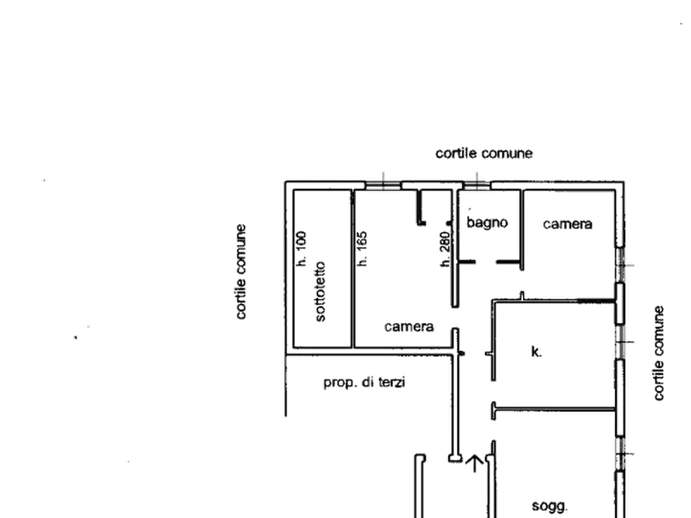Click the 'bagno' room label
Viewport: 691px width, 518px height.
click(487, 223)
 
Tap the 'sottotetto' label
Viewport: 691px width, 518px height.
click(320, 291)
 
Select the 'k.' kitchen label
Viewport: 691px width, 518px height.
click(536, 352)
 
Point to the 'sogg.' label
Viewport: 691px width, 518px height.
click(549, 506)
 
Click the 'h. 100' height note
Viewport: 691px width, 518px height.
click(302, 248)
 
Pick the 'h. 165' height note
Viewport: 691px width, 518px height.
click(362, 248)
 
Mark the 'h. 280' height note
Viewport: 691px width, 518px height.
click(445, 249)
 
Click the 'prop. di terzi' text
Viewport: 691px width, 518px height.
click(364, 383)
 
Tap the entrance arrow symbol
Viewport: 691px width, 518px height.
click(474, 463)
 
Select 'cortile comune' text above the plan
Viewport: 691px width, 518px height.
click(484, 153)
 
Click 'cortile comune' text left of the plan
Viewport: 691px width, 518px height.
click(241, 272)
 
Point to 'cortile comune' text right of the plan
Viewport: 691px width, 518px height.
click(659, 353)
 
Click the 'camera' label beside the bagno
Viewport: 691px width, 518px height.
click(568, 223)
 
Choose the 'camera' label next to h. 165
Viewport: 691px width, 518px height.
click(409, 326)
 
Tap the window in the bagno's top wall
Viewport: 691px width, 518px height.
click(477, 186)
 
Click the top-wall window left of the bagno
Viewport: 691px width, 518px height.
click(383, 186)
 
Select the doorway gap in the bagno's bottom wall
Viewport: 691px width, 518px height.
click(486, 262)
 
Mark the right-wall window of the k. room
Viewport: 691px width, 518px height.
click(620, 342)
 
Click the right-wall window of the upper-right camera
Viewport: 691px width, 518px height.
click(620, 265)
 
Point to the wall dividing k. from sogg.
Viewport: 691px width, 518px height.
click(554, 410)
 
